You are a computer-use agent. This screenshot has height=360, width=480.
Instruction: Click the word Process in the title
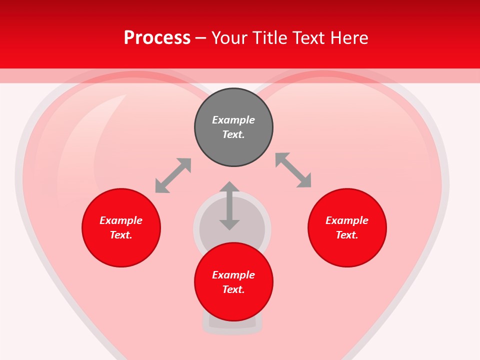coord(157,38)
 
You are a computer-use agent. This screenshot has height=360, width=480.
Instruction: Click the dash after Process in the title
coord(200,38)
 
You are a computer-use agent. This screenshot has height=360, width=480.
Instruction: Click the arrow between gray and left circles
coord(173,175)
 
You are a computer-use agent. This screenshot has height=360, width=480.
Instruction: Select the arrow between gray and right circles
coord(293,170)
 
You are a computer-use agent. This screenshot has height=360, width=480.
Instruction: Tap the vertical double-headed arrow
coord(229,206)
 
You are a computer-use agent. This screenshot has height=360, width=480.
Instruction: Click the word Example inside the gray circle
coord(233,120)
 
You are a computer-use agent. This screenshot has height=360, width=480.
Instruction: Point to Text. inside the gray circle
coord(233,134)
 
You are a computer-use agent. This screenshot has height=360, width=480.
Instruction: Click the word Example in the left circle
coord(121,220)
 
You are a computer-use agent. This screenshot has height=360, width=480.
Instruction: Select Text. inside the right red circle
coord(347,235)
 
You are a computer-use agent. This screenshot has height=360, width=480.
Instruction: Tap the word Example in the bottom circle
coord(233,275)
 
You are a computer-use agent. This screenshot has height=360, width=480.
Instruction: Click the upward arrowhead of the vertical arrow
coord(229,186)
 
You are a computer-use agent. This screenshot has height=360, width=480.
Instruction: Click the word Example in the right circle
coord(347,220)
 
